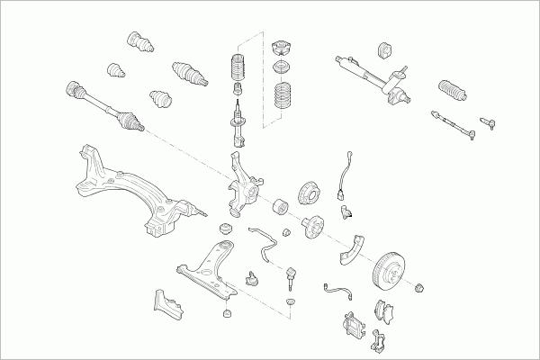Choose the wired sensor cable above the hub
tap(343, 175)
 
